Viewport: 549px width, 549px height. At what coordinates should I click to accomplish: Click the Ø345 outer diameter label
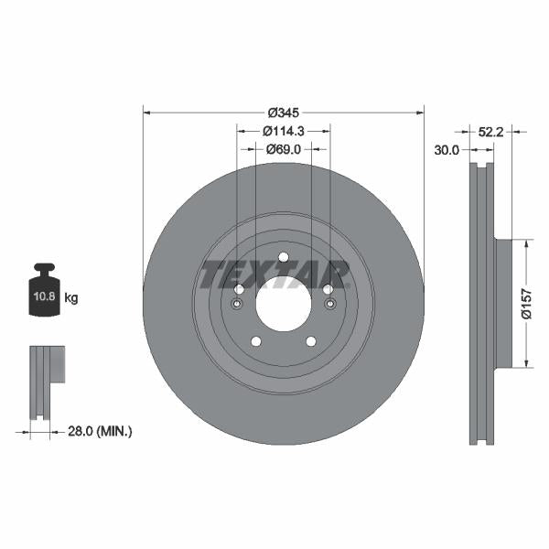(284, 113)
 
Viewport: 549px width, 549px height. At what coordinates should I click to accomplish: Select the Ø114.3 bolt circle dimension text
(284, 130)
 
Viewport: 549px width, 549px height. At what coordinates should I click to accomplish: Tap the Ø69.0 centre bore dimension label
(284, 147)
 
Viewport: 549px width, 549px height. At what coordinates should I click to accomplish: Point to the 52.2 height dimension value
(492, 132)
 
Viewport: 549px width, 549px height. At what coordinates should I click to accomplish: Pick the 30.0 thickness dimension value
(447, 151)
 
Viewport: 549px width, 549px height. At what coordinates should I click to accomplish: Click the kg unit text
(72, 298)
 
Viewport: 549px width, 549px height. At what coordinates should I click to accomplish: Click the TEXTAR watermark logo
(275, 273)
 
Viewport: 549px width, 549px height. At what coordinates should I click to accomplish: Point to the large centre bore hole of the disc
(284, 304)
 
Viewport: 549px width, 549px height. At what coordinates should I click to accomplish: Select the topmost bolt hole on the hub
(284, 256)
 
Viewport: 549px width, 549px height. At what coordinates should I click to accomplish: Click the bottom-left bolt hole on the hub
(256, 341)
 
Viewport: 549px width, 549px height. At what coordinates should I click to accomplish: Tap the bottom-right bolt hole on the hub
(311, 341)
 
